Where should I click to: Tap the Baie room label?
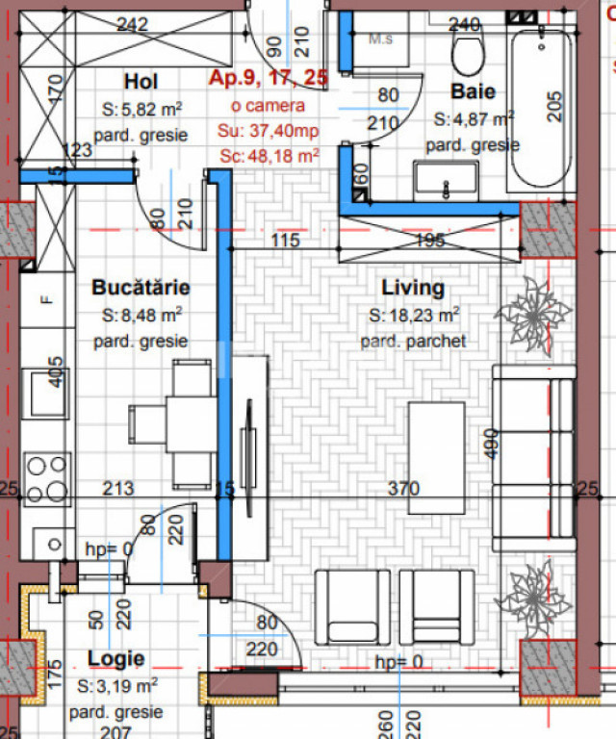474,92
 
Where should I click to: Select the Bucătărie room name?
141,287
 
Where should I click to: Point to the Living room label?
413,287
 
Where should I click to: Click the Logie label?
115,659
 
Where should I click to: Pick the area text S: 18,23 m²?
414,315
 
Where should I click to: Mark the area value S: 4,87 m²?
474,119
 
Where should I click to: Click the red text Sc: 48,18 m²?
269,154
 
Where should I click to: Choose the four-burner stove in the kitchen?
46,479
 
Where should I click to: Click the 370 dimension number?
403,489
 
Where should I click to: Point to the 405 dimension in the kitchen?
57,370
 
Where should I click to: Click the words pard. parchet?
413,342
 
